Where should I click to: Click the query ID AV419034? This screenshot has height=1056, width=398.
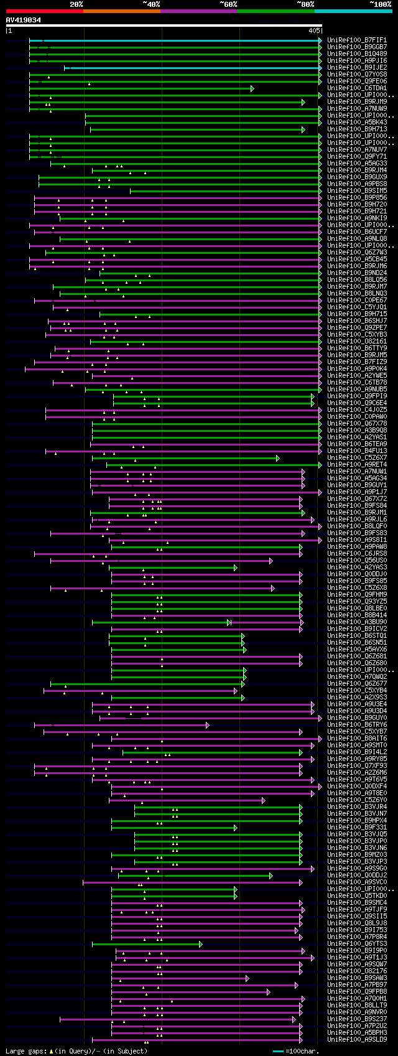(x=24, y=20)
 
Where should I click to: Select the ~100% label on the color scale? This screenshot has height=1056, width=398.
(x=380, y=4)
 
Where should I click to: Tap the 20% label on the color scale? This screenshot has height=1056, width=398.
(x=76, y=4)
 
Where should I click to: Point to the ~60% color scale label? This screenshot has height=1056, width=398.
(x=228, y=4)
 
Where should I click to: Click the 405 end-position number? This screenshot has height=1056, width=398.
(x=313, y=30)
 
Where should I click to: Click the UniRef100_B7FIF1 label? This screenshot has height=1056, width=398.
(x=357, y=40)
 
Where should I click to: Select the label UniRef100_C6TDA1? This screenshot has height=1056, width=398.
(x=357, y=88)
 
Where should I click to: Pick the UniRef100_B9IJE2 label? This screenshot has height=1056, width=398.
(x=357, y=67)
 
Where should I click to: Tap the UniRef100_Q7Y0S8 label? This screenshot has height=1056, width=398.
(x=357, y=74)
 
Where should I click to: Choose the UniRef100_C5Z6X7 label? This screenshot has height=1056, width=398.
(x=357, y=458)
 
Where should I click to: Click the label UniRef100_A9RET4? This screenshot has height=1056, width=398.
(x=357, y=465)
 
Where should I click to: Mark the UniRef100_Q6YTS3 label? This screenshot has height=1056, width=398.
(x=357, y=944)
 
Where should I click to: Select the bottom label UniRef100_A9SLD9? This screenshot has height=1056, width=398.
(x=357, y=1039)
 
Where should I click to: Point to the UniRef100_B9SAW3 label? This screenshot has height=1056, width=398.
(x=357, y=978)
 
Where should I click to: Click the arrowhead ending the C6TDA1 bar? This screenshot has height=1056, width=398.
(x=252, y=88)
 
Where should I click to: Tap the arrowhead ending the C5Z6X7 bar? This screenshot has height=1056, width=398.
(x=277, y=458)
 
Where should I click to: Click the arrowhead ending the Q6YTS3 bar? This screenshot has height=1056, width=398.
(x=200, y=944)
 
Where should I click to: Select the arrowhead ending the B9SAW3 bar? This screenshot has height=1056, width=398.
(x=247, y=978)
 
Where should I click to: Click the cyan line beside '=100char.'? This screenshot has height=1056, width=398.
(x=278, y=1051)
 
